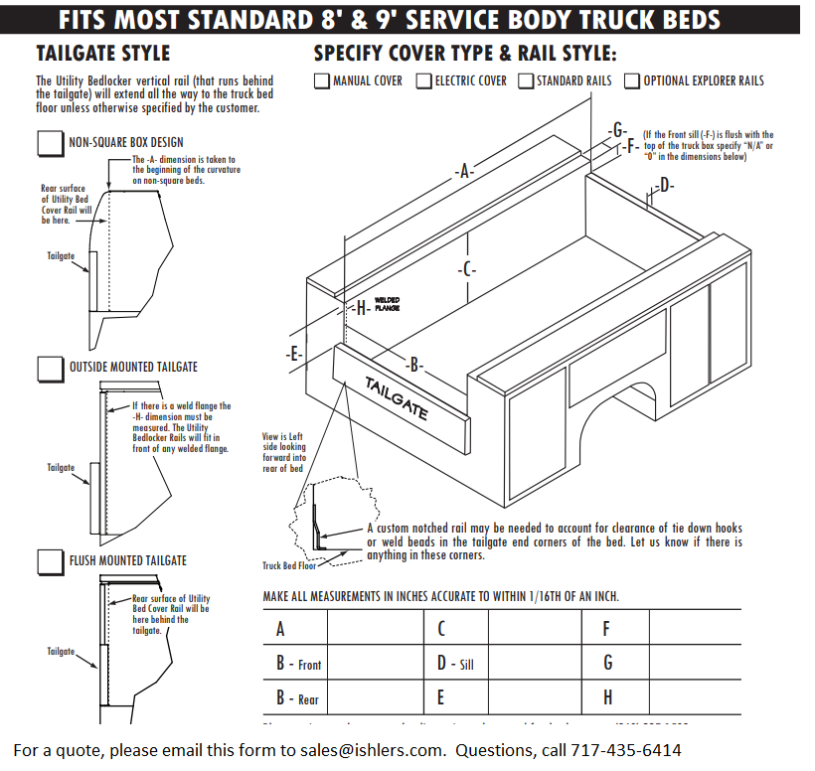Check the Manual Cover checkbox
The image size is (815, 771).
[x=322, y=81]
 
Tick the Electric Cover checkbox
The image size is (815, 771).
[x=424, y=81]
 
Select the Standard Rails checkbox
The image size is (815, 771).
[x=526, y=81]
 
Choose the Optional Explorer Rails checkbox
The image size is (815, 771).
[x=632, y=81]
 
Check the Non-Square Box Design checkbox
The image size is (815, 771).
[x=50, y=143]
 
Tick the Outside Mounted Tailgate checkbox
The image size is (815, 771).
[x=50, y=368]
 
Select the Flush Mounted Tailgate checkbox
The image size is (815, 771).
[x=50, y=561]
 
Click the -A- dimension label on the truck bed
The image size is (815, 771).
[x=464, y=172]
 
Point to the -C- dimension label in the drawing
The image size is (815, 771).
[x=467, y=270]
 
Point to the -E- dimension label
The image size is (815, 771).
[x=293, y=354]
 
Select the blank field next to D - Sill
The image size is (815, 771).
[x=534, y=663]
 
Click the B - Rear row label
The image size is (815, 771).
[x=297, y=697]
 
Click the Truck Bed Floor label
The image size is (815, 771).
[x=288, y=565]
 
